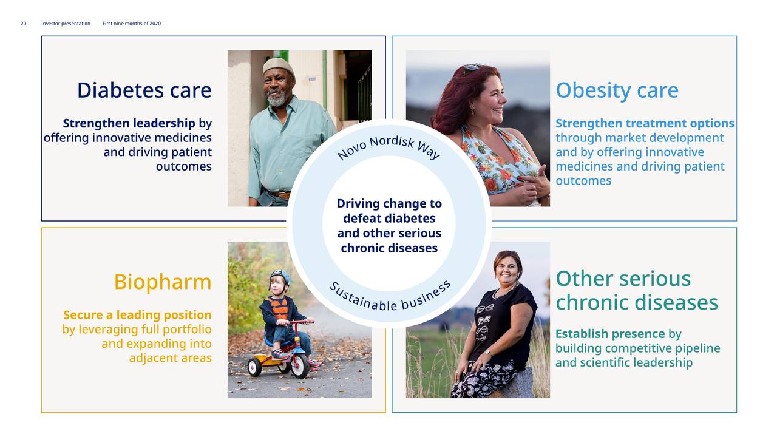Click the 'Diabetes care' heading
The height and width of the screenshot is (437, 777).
pyautogui.click(x=144, y=90)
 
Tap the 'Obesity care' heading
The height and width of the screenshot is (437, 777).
pyautogui.click(x=617, y=91)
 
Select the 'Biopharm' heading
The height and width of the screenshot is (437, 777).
pyautogui.click(x=163, y=282)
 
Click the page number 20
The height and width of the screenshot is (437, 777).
pyautogui.click(x=23, y=24)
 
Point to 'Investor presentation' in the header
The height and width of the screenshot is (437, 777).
pyautogui.click(x=66, y=24)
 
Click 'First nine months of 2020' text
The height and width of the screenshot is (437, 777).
pyautogui.click(x=132, y=24)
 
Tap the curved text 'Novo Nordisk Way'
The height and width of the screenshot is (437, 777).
pyautogui.click(x=389, y=146)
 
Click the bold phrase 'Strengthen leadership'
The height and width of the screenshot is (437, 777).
pyautogui.click(x=129, y=123)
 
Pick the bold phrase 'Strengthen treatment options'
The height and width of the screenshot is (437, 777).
pyautogui.click(x=645, y=123)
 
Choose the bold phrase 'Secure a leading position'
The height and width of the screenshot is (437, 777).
pyautogui.click(x=137, y=315)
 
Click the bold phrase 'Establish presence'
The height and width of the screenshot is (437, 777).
pyautogui.click(x=610, y=334)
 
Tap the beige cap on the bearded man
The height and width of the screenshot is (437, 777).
pyautogui.click(x=278, y=66)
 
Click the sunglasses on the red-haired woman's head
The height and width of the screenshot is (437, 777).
pyautogui.click(x=471, y=68)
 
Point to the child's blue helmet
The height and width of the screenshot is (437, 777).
pyautogui.click(x=280, y=277)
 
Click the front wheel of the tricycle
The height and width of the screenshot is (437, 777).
pyautogui.click(x=299, y=365)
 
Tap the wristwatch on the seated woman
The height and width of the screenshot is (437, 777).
pyautogui.click(x=487, y=353)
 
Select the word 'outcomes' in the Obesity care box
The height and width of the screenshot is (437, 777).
pyautogui.click(x=583, y=181)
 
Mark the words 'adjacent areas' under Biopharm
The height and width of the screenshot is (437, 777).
pyautogui.click(x=171, y=358)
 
